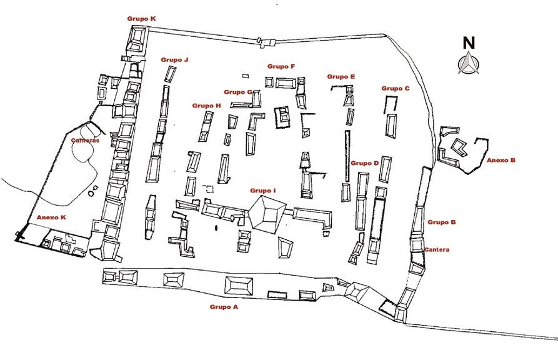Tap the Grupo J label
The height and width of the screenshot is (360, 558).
click(174, 60)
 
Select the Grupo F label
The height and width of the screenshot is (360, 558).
click(281, 66)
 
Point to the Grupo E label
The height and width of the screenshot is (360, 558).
click(341, 76)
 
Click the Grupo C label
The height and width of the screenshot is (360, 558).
click(396, 89)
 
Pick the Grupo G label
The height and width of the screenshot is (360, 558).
click(238, 92)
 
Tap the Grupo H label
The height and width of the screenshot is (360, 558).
click(206, 106)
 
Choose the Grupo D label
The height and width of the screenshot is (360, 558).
click(365, 163)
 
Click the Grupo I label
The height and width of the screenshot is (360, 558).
click(263, 190)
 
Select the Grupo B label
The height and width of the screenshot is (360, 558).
click(442, 222)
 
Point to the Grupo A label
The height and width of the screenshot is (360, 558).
click(224, 307)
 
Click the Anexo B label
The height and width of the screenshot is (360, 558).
click(501, 160)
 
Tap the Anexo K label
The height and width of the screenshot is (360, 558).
click(51, 217)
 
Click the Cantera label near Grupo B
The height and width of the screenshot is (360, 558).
click(437, 250)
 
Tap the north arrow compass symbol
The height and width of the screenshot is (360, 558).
click(468, 63)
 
